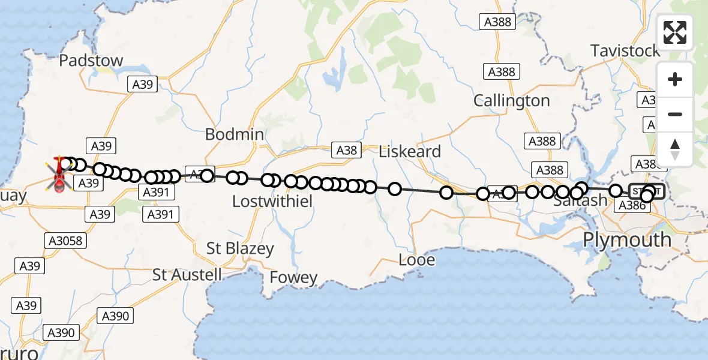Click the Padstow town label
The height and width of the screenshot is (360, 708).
(x=91, y=61)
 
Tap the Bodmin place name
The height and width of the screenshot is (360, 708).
(x=235, y=134)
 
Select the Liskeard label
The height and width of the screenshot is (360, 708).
(x=410, y=151)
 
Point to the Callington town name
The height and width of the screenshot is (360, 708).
(x=512, y=101)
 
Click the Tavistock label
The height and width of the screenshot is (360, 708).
(x=625, y=51)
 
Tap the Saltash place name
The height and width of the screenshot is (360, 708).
(x=580, y=201)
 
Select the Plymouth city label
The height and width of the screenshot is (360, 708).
(x=628, y=239)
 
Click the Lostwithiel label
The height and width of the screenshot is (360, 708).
(x=272, y=202)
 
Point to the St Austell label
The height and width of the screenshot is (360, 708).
(x=187, y=275)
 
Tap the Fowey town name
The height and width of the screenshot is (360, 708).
(x=293, y=278)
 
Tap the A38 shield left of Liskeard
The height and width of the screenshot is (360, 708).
(x=347, y=151)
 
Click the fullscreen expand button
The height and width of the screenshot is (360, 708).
(x=675, y=32)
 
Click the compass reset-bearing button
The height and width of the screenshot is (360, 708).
(x=675, y=149)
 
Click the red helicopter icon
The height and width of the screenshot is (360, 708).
(x=59, y=175)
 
